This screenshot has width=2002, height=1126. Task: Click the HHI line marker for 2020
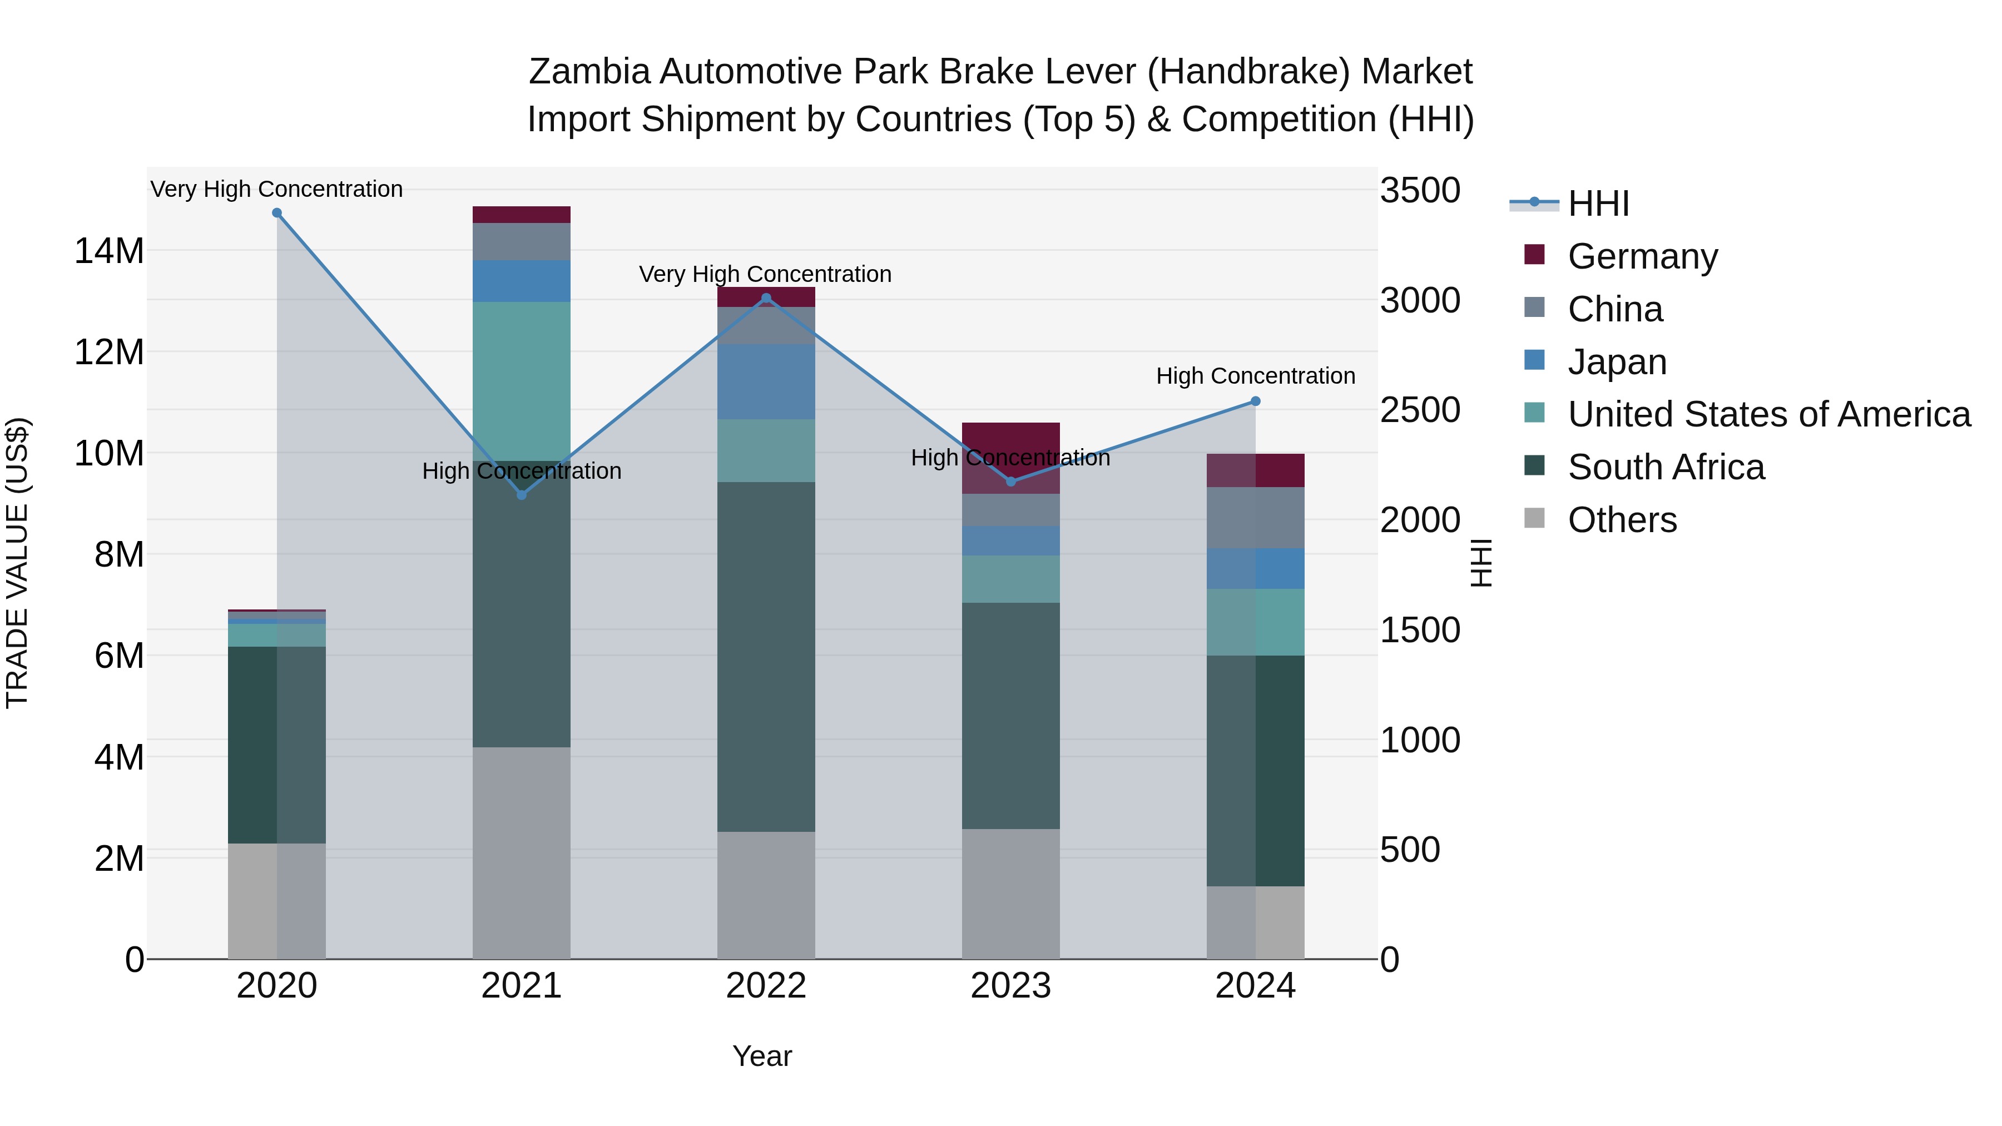coord(277,213)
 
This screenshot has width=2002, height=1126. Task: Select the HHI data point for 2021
coord(522,495)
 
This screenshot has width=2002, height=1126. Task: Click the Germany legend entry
coord(1642,256)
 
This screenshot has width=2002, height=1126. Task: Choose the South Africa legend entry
coord(1666,467)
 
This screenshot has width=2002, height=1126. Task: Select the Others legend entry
coord(1622,520)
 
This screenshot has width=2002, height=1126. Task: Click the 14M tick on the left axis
coord(109,251)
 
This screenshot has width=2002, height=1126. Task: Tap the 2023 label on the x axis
coord(1010,986)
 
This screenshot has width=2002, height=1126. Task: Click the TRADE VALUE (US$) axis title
coord(17,563)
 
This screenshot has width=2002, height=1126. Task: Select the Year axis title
coord(762,1056)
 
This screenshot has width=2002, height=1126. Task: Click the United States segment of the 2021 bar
coord(522,381)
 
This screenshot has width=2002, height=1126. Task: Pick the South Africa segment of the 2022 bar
coord(766,657)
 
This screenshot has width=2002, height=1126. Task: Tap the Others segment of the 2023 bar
coord(1010,894)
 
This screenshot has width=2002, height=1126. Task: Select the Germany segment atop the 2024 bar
coord(1255,470)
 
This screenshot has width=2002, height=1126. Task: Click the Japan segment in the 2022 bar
coord(766,381)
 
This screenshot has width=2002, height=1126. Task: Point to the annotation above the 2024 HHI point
coord(1255,376)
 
